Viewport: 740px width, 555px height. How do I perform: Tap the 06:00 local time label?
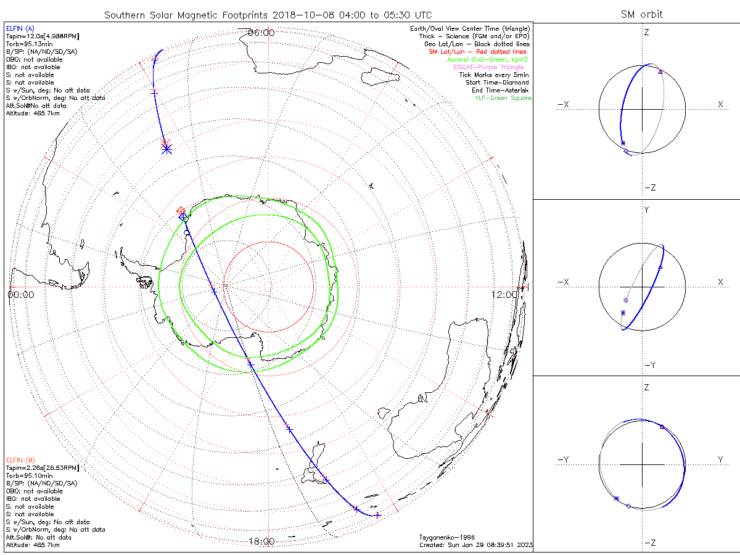point(261,32)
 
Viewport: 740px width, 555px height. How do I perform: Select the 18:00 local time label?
point(261,541)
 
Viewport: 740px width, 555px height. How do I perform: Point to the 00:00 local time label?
point(21,295)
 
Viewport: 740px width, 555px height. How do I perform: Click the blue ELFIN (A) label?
point(21,28)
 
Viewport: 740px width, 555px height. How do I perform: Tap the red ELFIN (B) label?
point(21,460)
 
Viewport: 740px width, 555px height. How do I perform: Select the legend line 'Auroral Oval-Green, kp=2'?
point(487,59)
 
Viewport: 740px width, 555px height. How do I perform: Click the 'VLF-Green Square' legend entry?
point(503,98)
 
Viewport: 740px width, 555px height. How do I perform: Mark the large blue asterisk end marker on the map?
point(166,149)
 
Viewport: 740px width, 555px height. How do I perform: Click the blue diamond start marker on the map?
point(183,216)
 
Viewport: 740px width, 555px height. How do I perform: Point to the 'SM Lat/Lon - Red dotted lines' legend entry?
point(479,52)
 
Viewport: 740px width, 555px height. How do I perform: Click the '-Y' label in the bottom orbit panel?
point(563,459)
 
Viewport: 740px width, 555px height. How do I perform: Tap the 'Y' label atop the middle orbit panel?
point(646,210)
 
